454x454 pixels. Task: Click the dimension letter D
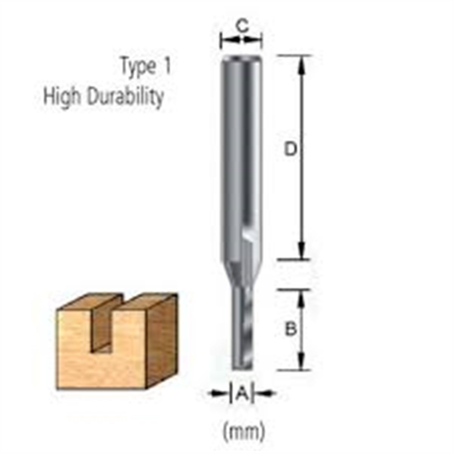point(290,150)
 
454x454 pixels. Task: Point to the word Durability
point(125,97)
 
